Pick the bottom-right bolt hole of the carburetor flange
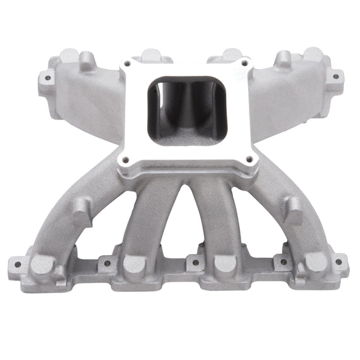pyautogui.click(x=249, y=159)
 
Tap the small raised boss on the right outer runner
pyautogui.click(x=293, y=206)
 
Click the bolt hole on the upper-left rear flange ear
pyautogui.click(x=45, y=80)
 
